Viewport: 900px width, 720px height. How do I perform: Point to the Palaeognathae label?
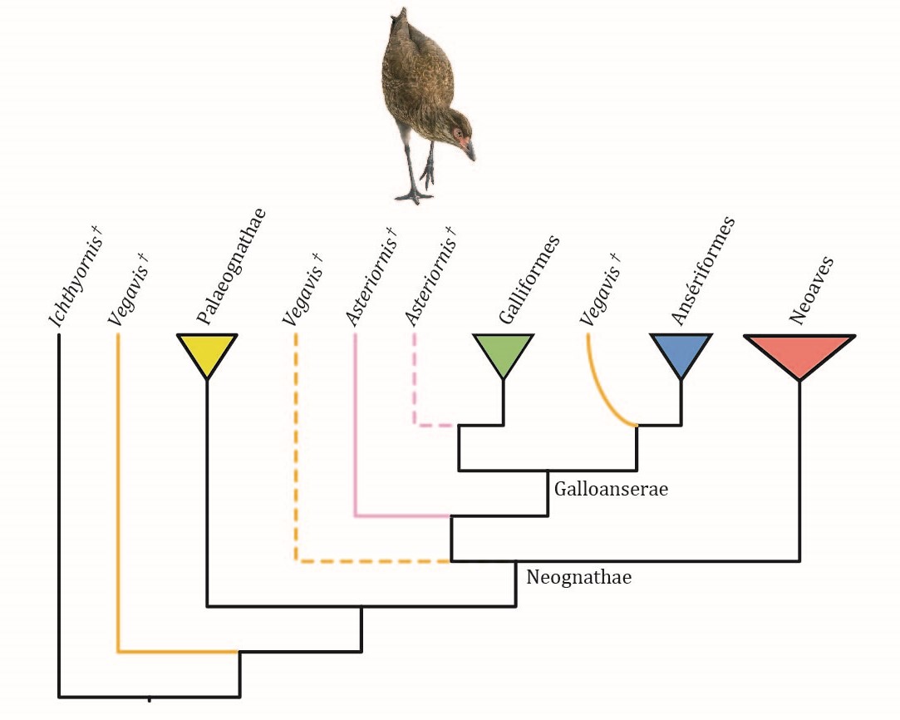(231, 266)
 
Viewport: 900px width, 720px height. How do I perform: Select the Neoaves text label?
(811, 291)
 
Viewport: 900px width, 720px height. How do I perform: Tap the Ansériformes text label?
(702, 271)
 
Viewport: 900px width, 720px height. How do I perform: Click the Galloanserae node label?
(611, 489)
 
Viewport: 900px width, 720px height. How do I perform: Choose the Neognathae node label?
(578, 577)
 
